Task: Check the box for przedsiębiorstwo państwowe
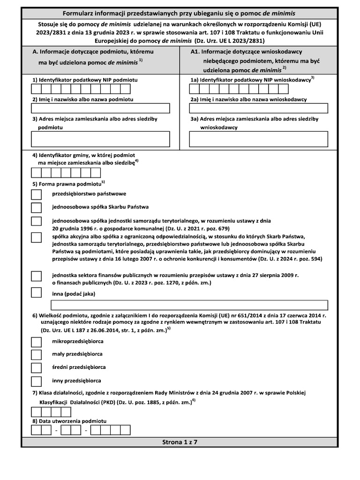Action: pyautogui.click(x=36, y=194)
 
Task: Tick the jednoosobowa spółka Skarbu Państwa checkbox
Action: pyautogui.click(x=36, y=207)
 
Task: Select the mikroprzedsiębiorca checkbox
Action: pyautogui.click(x=36, y=342)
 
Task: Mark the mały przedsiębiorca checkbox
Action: pyautogui.click(x=36, y=354)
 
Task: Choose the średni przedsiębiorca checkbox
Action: pyautogui.click(x=36, y=367)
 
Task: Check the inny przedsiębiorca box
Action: pyautogui.click(x=36, y=381)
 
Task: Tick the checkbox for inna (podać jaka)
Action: pyautogui.click(x=36, y=293)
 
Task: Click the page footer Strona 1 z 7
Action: pyautogui.click(x=180, y=442)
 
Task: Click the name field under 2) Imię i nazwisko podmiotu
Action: pyautogui.click(x=100, y=109)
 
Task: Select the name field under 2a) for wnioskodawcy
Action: pyautogui.click(x=258, y=109)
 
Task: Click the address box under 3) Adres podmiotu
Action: pyautogui.click(x=100, y=139)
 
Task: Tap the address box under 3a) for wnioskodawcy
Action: pyautogui.click(x=258, y=139)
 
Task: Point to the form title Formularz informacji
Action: pyautogui.click(x=180, y=13)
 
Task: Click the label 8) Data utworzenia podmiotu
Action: pyautogui.click(x=69, y=421)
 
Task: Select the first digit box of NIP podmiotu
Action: pyautogui.click(x=36, y=89)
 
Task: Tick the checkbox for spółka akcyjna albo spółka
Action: pyautogui.click(x=36, y=238)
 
